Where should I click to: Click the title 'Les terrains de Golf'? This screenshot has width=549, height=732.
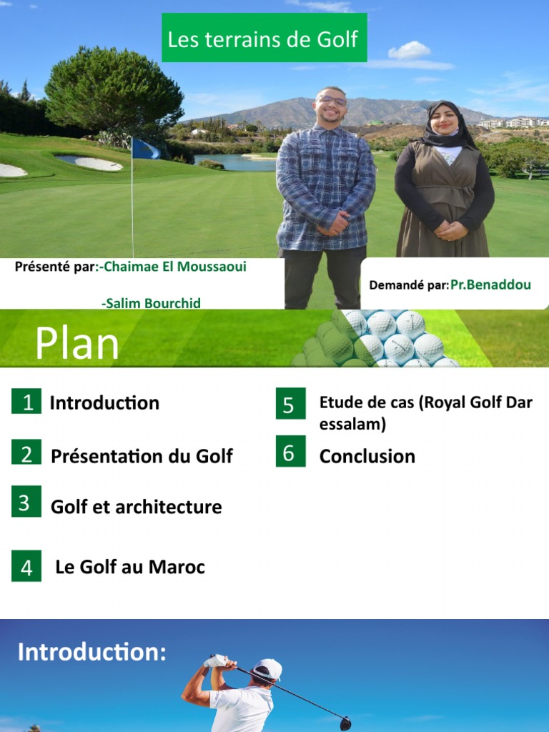point(263,39)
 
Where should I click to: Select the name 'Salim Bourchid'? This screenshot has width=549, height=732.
point(151,303)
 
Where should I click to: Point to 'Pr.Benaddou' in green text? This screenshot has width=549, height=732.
point(490,285)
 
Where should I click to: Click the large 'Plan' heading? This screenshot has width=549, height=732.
point(77,344)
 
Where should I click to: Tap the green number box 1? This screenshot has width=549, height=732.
point(26,402)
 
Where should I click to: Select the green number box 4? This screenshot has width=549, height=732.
point(26,568)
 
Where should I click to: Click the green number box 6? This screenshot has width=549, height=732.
point(290,452)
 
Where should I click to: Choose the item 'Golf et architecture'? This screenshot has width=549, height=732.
point(136,507)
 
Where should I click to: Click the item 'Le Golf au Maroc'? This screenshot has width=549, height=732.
point(130,568)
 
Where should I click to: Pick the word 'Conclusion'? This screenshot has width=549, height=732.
point(367,456)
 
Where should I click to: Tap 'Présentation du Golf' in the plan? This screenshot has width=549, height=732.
point(142,456)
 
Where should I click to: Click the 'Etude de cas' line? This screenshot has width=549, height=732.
point(425,403)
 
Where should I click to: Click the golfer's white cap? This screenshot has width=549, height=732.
point(269,668)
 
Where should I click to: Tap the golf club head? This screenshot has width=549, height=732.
point(345,723)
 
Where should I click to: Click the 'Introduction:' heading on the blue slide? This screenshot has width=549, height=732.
point(91,652)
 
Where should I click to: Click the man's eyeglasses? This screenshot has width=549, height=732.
point(332,102)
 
